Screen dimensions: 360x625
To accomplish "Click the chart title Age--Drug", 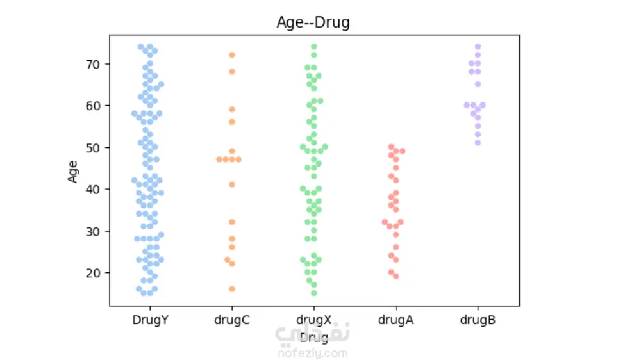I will click(x=313, y=22).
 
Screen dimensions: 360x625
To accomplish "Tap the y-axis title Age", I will click(x=73, y=171).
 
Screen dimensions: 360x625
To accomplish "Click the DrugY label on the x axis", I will click(x=150, y=319).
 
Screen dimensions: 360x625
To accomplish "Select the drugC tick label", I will click(x=232, y=319).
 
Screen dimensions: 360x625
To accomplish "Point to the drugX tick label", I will click(x=314, y=319).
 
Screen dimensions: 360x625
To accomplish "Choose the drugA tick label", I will click(x=396, y=319).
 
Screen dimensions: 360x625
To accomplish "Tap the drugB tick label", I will click(x=478, y=319).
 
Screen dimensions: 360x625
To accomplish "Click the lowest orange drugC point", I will click(x=232, y=289).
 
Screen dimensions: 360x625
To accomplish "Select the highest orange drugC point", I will click(x=232, y=55).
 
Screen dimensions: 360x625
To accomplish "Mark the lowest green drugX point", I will click(x=314, y=293).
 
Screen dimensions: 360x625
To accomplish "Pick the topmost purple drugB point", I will click(x=478, y=47).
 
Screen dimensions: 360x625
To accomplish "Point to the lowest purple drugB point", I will click(x=478, y=143).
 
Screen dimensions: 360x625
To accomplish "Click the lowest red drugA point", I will click(x=396, y=276).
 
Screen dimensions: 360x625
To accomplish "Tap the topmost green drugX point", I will click(x=314, y=47).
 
